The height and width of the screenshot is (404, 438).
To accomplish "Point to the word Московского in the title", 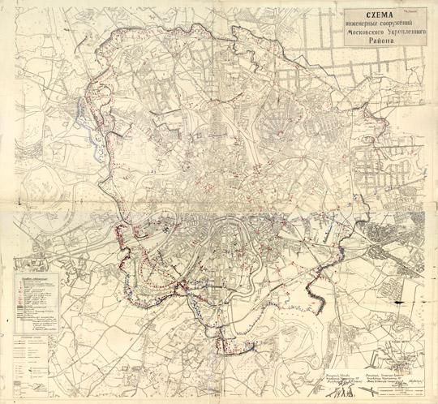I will (355, 36).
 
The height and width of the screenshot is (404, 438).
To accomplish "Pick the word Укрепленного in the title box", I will (400, 36).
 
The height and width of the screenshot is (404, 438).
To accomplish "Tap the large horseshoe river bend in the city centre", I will (225, 236).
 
